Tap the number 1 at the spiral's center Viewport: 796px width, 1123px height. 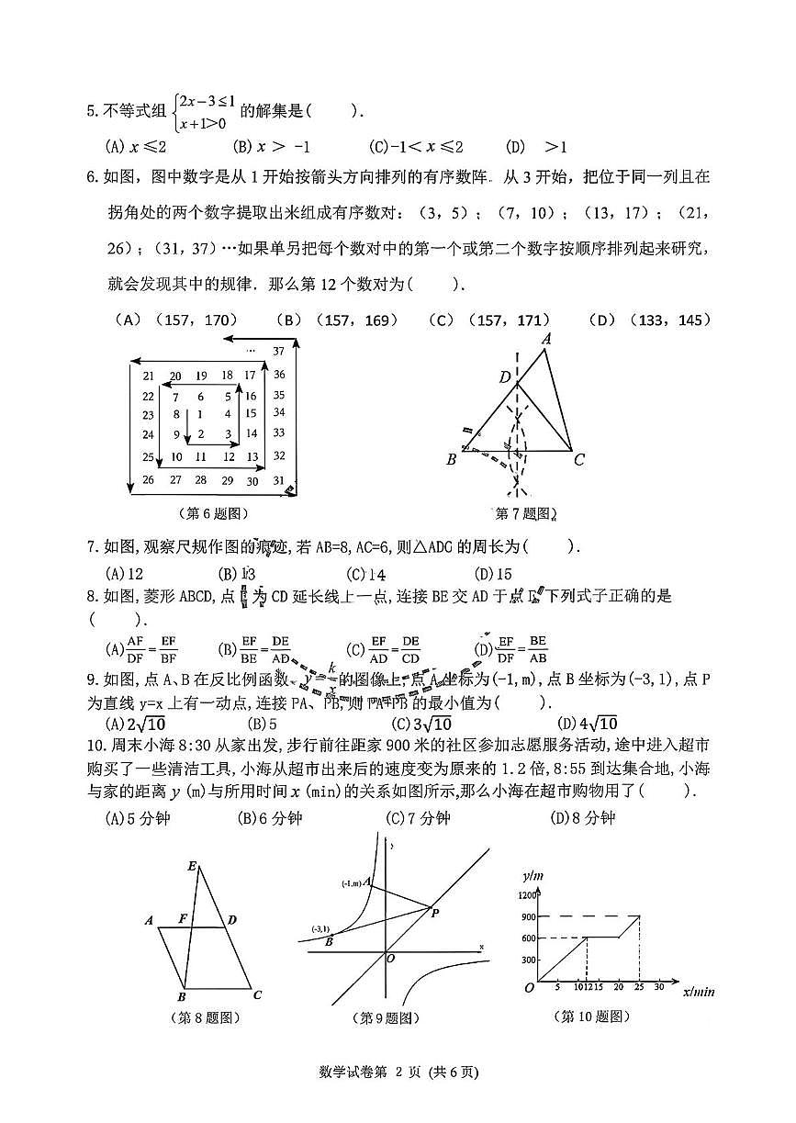(200, 414)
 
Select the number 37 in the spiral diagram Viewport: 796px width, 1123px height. (279, 350)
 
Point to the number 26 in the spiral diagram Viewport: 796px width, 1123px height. (148, 479)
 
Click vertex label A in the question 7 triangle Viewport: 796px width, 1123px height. (546, 339)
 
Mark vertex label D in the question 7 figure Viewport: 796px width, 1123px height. (504, 376)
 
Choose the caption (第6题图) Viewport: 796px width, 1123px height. (213, 513)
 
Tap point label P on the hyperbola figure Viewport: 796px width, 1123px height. (434, 912)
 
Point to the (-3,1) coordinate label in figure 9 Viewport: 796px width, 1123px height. (321, 928)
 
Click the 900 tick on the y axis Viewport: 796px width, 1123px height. (527, 916)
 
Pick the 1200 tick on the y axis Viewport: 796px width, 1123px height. (525, 894)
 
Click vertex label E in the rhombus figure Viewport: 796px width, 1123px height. (192, 866)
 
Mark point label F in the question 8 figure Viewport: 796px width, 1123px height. (184, 918)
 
